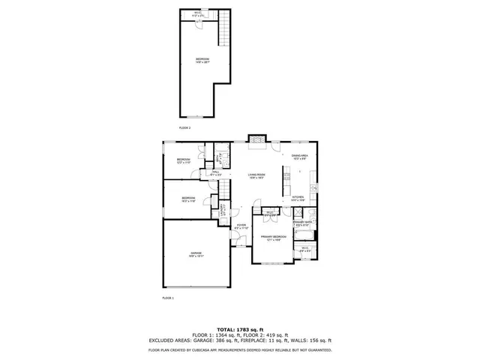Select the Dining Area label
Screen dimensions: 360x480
pyautogui.click(x=300, y=157)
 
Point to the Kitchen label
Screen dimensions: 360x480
pyautogui.click(x=298, y=199)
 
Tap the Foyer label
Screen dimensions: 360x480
pyautogui.click(x=241, y=226)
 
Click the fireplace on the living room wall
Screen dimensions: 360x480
pyautogui.click(x=257, y=139)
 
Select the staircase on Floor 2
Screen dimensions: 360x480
pyautogui.click(x=222, y=31)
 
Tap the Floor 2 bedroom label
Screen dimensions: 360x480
pyautogui.click(x=202, y=60)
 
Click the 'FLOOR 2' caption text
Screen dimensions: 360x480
pyautogui.click(x=184, y=128)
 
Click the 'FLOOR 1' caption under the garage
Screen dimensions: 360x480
pyautogui.click(x=168, y=298)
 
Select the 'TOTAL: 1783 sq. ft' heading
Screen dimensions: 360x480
pyautogui.click(x=240, y=329)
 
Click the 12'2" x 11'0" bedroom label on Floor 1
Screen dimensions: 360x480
pyautogui.click(x=184, y=160)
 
